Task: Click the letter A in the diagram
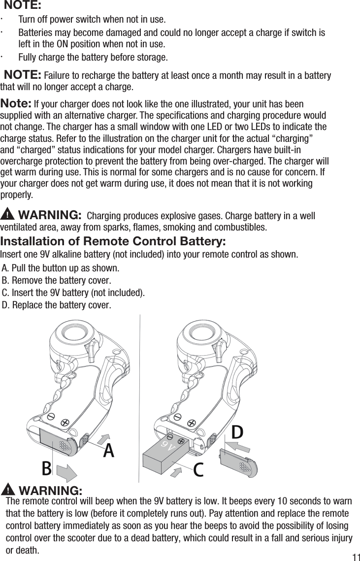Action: point(108,450)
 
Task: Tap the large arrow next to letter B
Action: point(67,471)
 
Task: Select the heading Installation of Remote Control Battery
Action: point(113,242)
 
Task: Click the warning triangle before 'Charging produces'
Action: point(8,215)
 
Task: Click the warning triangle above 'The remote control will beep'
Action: point(8,490)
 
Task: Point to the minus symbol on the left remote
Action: point(51,417)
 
